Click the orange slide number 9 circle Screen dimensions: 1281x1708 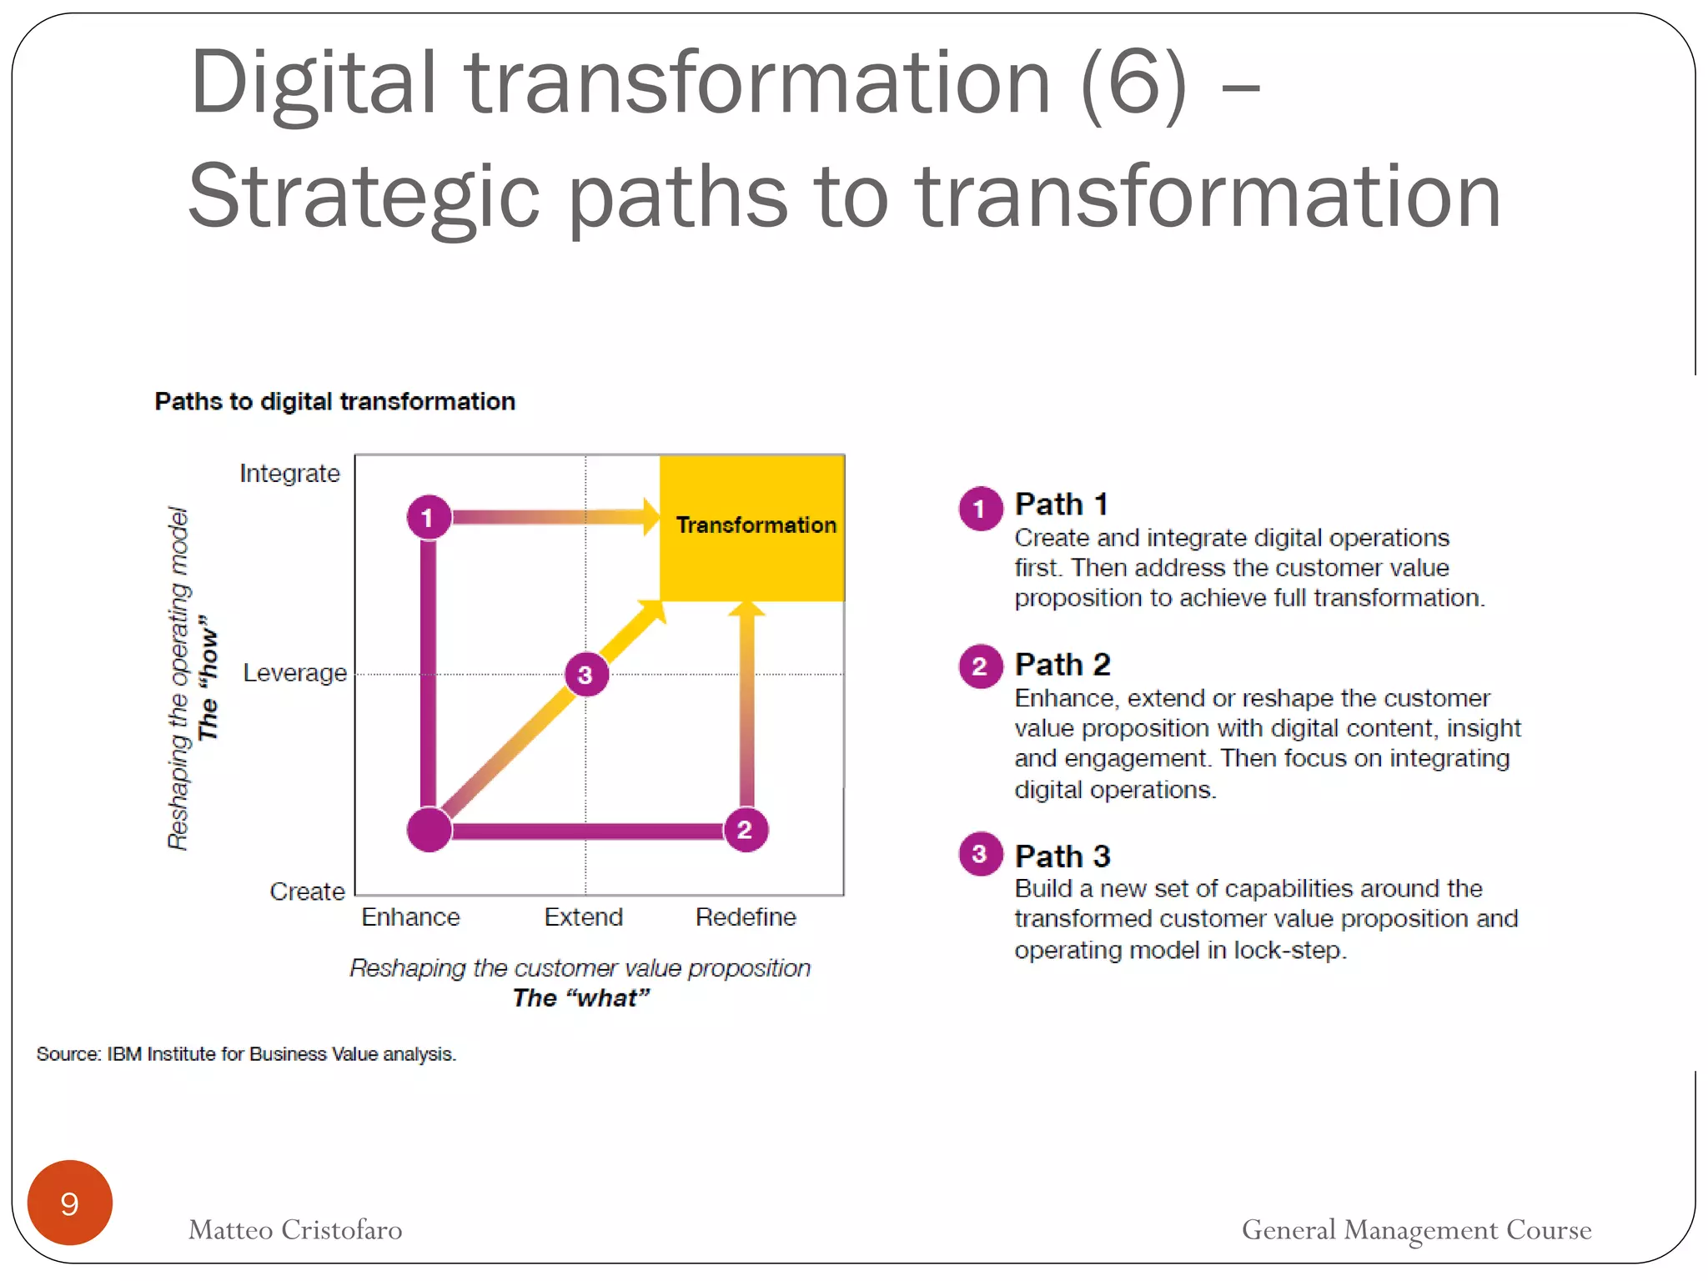[x=70, y=1203]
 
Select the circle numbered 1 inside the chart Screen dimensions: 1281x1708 [x=429, y=517]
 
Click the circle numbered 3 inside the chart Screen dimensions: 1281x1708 [x=586, y=674]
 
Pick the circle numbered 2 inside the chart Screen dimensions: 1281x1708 [x=745, y=830]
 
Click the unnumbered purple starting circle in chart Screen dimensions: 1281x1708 [x=429, y=830]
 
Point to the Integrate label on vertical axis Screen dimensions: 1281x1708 [x=289, y=474]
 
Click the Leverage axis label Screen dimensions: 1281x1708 [x=294, y=673]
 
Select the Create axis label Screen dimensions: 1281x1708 [x=307, y=892]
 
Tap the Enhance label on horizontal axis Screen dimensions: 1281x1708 [x=410, y=917]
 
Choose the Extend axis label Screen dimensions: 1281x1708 [x=583, y=917]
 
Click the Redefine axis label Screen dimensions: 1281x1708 [x=746, y=917]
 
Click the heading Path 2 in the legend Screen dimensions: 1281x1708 [x=1062, y=665]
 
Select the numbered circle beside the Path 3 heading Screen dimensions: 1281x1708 [x=980, y=854]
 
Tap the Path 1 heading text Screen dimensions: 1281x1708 [x=1061, y=505]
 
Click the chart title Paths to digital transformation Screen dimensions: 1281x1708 [x=334, y=402]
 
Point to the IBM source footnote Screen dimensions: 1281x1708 [x=246, y=1054]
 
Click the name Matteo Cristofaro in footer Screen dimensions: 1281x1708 [x=295, y=1230]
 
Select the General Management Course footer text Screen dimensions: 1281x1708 [x=1416, y=1230]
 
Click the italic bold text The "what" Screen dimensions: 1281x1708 [x=580, y=998]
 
